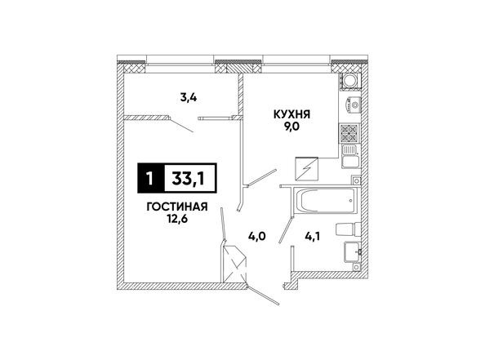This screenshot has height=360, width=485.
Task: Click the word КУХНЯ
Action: tap(291, 115)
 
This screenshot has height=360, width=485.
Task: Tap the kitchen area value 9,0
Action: tap(291, 127)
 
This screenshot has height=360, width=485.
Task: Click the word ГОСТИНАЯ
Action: tap(177, 207)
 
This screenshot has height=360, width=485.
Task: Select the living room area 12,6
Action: tap(177, 219)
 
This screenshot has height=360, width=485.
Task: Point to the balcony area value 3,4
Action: tap(189, 98)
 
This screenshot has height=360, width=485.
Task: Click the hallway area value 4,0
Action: tap(257, 237)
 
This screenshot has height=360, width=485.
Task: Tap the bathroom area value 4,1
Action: tap(313, 237)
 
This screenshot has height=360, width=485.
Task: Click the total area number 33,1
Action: tap(189, 178)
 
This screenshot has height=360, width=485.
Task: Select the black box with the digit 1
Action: tap(151, 178)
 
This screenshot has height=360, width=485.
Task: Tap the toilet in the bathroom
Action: tap(349, 229)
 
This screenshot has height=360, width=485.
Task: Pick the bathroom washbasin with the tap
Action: tap(352, 251)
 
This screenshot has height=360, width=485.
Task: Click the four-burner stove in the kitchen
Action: tap(349, 133)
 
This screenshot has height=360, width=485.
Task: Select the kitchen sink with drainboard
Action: tap(350, 156)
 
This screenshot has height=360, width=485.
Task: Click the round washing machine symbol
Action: tap(350, 81)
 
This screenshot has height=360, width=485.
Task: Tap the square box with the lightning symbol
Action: tap(307, 169)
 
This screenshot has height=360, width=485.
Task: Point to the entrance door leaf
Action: tap(264, 296)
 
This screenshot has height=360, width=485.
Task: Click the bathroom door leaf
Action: tap(286, 230)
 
